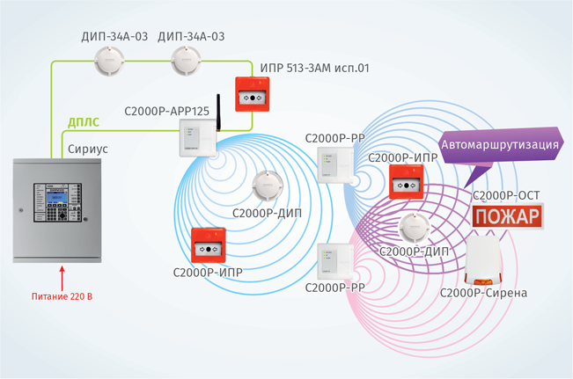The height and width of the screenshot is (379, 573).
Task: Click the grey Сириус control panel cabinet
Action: click(x=58, y=210)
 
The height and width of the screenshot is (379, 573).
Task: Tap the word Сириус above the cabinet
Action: click(x=87, y=149)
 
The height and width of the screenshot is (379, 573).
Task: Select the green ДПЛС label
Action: click(x=84, y=122)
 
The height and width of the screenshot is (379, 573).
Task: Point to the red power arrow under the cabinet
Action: click(x=61, y=277)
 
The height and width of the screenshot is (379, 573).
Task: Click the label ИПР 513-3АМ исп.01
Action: click(x=314, y=67)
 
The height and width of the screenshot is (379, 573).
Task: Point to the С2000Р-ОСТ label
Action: click(x=505, y=195)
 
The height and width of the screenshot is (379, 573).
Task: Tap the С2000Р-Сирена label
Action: click(x=483, y=292)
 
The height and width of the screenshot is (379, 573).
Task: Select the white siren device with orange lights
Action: click(x=486, y=260)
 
